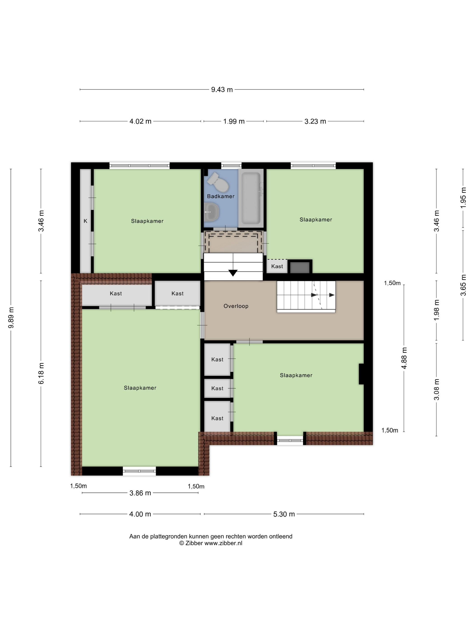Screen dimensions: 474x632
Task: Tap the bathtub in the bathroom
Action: click(x=251, y=198)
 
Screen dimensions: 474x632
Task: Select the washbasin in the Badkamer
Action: click(x=211, y=212)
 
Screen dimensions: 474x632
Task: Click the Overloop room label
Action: click(x=236, y=306)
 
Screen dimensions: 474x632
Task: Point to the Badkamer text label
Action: click(x=221, y=196)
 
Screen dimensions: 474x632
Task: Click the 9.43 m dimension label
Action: click(x=222, y=89)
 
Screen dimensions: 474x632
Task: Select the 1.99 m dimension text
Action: click(x=234, y=121)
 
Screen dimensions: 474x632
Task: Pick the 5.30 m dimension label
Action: click(x=284, y=514)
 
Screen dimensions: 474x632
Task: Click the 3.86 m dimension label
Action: click(x=140, y=493)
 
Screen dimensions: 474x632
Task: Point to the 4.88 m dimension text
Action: click(x=404, y=358)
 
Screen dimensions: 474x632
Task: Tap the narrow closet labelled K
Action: click(x=85, y=221)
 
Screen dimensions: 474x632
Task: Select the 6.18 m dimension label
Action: click(x=41, y=373)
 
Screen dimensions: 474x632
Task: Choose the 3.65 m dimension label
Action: click(x=463, y=285)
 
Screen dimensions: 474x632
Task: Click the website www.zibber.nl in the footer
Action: click(x=223, y=543)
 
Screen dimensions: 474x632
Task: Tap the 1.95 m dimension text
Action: click(x=463, y=197)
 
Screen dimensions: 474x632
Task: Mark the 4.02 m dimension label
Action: click(x=140, y=121)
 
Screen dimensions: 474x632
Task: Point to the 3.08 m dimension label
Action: click(x=437, y=389)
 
